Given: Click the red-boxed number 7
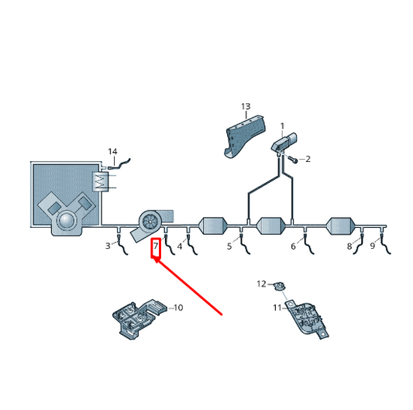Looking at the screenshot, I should tap(155, 247).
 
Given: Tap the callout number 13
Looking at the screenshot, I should tap(246, 106).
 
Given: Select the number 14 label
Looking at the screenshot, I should tap(112, 152).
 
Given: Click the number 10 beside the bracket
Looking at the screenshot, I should tap(177, 308).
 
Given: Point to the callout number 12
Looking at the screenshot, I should tap(261, 284).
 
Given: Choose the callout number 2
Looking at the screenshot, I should tap(308, 159).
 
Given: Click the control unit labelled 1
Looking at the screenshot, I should tap(284, 143).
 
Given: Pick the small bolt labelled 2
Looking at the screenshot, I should tap(294, 159).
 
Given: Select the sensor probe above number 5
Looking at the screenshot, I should tap(243, 243).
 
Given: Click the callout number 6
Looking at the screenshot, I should tap(293, 246).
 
